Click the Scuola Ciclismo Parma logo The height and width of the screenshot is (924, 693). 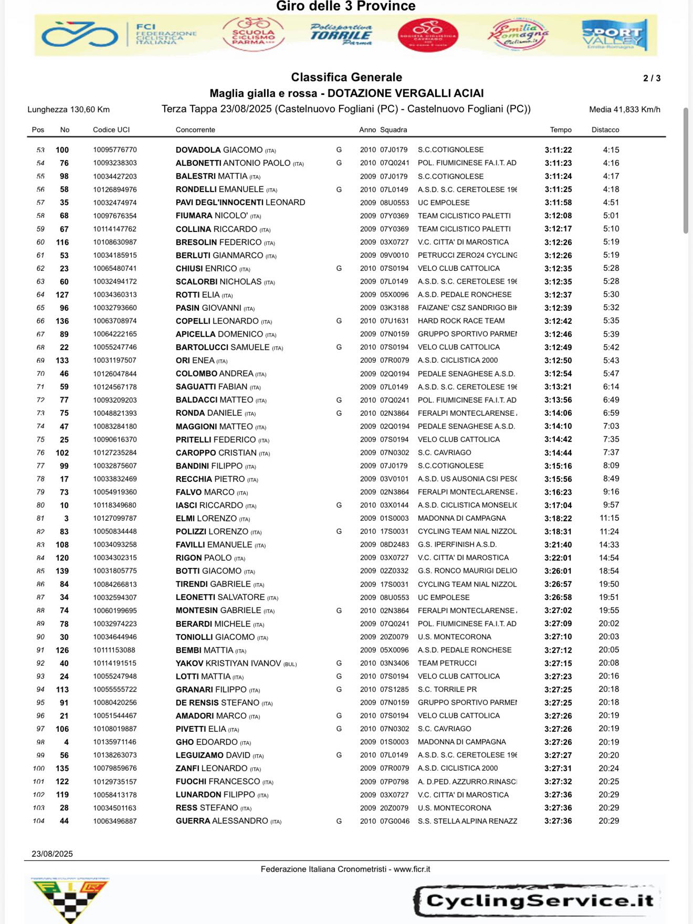click(x=253, y=34)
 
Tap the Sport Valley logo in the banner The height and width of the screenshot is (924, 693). click(x=614, y=35)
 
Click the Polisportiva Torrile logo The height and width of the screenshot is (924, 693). click(x=341, y=34)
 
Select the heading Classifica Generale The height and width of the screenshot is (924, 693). click(x=346, y=77)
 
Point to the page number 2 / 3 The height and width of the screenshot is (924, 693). click(x=652, y=78)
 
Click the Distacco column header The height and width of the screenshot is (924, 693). click(x=605, y=130)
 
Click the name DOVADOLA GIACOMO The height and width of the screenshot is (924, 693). click(x=219, y=150)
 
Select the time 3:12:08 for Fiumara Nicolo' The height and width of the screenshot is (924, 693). click(x=558, y=216)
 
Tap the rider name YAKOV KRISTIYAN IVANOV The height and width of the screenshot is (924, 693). click(x=228, y=663)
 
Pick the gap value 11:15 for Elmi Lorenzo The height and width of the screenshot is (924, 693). click(x=609, y=518)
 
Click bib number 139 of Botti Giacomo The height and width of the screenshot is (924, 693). click(x=62, y=571)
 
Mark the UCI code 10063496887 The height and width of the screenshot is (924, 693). click(x=115, y=821)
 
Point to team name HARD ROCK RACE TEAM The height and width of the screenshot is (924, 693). click(x=461, y=321)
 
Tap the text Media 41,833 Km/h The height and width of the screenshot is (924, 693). click(x=624, y=109)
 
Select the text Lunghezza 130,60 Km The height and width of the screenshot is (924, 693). click(x=68, y=109)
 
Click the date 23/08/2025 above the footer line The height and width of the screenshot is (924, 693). click(x=52, y=854)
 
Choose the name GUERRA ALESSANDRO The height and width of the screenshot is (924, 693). click(x=222, y=821)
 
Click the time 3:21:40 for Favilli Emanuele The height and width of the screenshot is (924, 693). click(x=558, y=545)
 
